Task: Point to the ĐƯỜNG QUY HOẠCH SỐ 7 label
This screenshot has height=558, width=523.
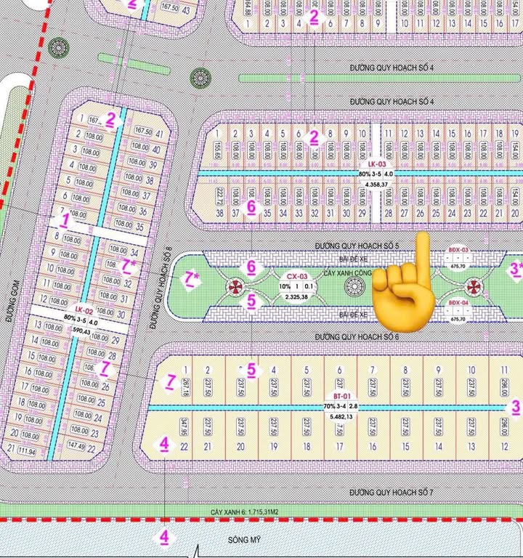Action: coord(391,492)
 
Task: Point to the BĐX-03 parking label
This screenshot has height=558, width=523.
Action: coord(458,251)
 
